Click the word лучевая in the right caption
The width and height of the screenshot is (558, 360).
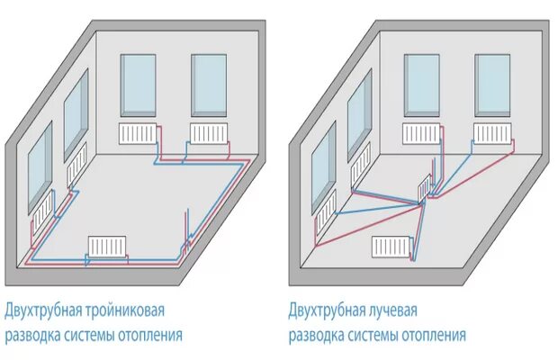[x=391, y=311]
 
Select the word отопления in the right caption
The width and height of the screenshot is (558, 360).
[x=429, y=336]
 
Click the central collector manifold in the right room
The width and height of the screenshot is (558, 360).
[x=426, y=190]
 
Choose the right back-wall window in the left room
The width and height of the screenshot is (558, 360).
[x=209, y=85]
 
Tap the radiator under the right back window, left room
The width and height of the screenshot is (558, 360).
[x=208, y=133]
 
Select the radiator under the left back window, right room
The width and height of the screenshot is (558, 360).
[x=421, y=133]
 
